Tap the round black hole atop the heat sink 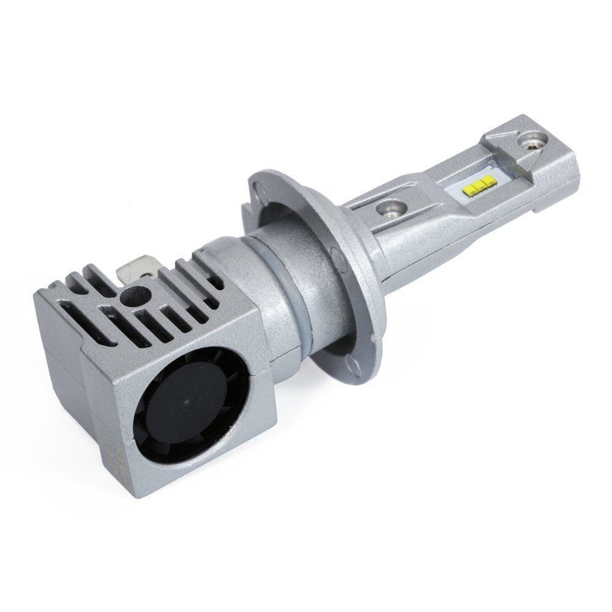[130, 297]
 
